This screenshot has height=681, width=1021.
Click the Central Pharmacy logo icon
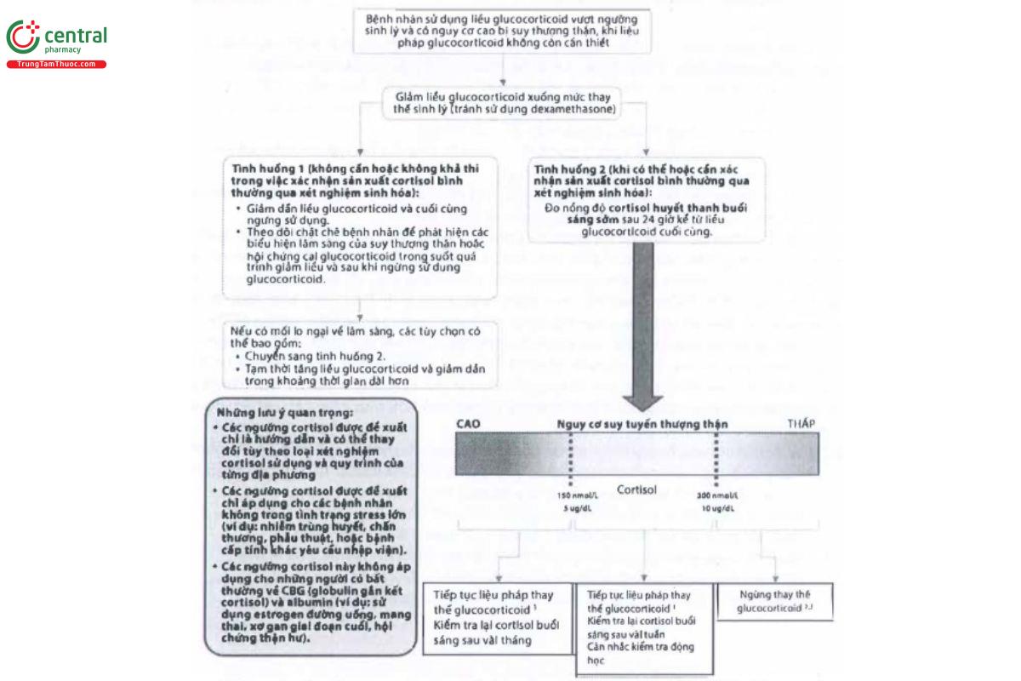(x=22, y=37)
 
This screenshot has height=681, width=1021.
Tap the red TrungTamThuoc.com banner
(x=56, y=65)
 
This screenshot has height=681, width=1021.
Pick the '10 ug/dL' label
(x=717, y=508)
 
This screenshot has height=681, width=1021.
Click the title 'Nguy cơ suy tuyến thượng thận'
(x=642, y=424)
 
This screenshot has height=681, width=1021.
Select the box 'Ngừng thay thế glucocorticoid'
(x=775, y=601)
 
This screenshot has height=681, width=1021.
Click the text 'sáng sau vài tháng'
(x=482, y=640)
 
